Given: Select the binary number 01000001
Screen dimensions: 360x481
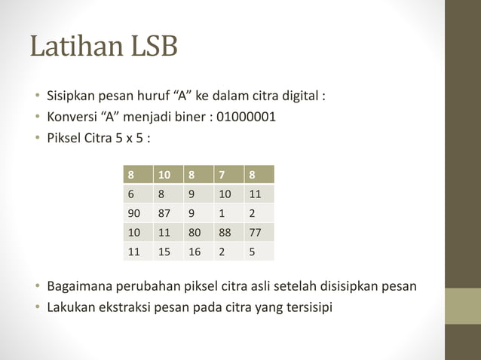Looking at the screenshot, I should click(246, 117).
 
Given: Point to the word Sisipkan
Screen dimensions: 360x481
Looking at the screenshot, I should click(72, 97).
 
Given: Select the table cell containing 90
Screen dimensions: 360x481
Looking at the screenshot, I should click(137, 213).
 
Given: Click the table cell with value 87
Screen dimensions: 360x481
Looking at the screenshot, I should click(167, 213).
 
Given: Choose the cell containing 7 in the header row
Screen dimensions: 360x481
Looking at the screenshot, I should click(229, 175).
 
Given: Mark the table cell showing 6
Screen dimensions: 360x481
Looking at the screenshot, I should click(137, 194).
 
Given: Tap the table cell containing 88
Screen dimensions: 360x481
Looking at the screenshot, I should click(229, 233).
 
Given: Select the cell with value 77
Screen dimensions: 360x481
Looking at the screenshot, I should click(259, 233).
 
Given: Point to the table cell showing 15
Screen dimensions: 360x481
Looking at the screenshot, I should click(167, 252).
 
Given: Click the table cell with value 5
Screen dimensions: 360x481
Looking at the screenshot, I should click(259, 252).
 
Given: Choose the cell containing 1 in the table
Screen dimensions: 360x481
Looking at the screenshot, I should click(229, 213).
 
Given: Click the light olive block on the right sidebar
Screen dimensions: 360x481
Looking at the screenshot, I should click(463, 306).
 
